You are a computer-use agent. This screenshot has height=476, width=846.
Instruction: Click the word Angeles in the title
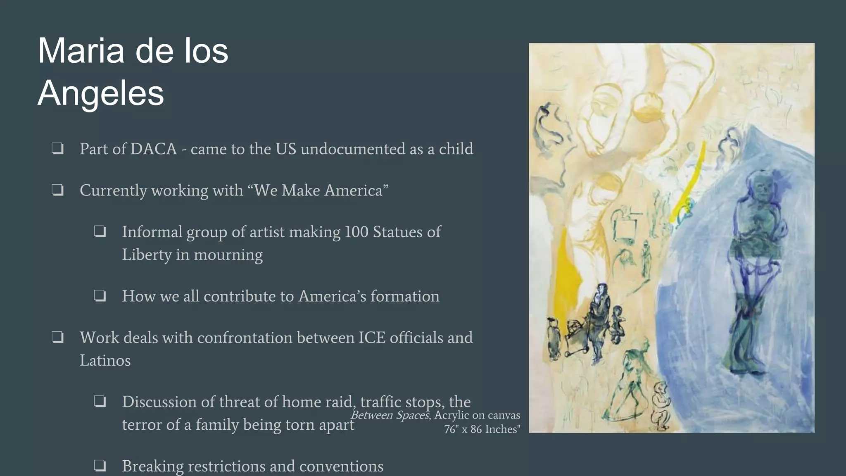pos(101,93)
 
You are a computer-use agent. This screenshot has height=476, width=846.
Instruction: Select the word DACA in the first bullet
pos(153,149)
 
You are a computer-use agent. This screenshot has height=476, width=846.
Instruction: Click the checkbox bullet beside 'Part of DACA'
pos(57,148)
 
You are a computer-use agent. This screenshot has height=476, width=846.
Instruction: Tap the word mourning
pos(228,255)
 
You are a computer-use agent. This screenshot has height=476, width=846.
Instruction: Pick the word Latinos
pos(105,361)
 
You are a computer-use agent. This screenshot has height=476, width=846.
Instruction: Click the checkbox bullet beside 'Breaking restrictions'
pos(100,466)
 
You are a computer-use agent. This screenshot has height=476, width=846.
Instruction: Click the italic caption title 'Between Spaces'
pos(390,415)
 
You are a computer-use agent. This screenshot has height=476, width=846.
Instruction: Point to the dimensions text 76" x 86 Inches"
pos(482,429)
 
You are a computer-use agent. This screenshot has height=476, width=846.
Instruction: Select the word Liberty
pos(146,255)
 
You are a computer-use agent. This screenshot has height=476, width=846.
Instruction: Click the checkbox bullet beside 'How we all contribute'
pos(100,296)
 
